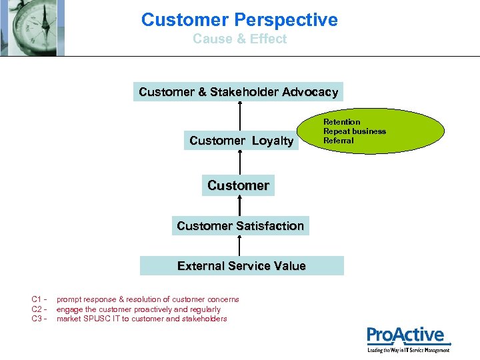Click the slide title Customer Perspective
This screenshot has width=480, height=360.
(239, 20)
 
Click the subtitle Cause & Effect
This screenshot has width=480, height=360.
(239, 39)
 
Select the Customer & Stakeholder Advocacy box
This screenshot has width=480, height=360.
(238, 92)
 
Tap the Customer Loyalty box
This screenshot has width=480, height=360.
(241, 141)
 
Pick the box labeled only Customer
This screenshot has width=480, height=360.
(238, 185)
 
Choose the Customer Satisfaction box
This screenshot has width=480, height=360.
(240, 226)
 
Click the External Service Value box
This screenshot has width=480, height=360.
(241, 266)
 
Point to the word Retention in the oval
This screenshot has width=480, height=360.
(341, 122)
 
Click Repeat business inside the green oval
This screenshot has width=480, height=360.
(354, 131)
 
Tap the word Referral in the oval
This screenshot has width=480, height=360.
(338, 141)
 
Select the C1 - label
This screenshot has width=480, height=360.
(39, 299)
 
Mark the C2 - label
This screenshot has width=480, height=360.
(39, 309)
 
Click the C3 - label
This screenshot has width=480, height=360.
(39, 319)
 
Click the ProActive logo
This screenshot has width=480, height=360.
(407, 338)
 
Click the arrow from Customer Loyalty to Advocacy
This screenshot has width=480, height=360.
(239, 117)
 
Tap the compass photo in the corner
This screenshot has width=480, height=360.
(32, 27)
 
